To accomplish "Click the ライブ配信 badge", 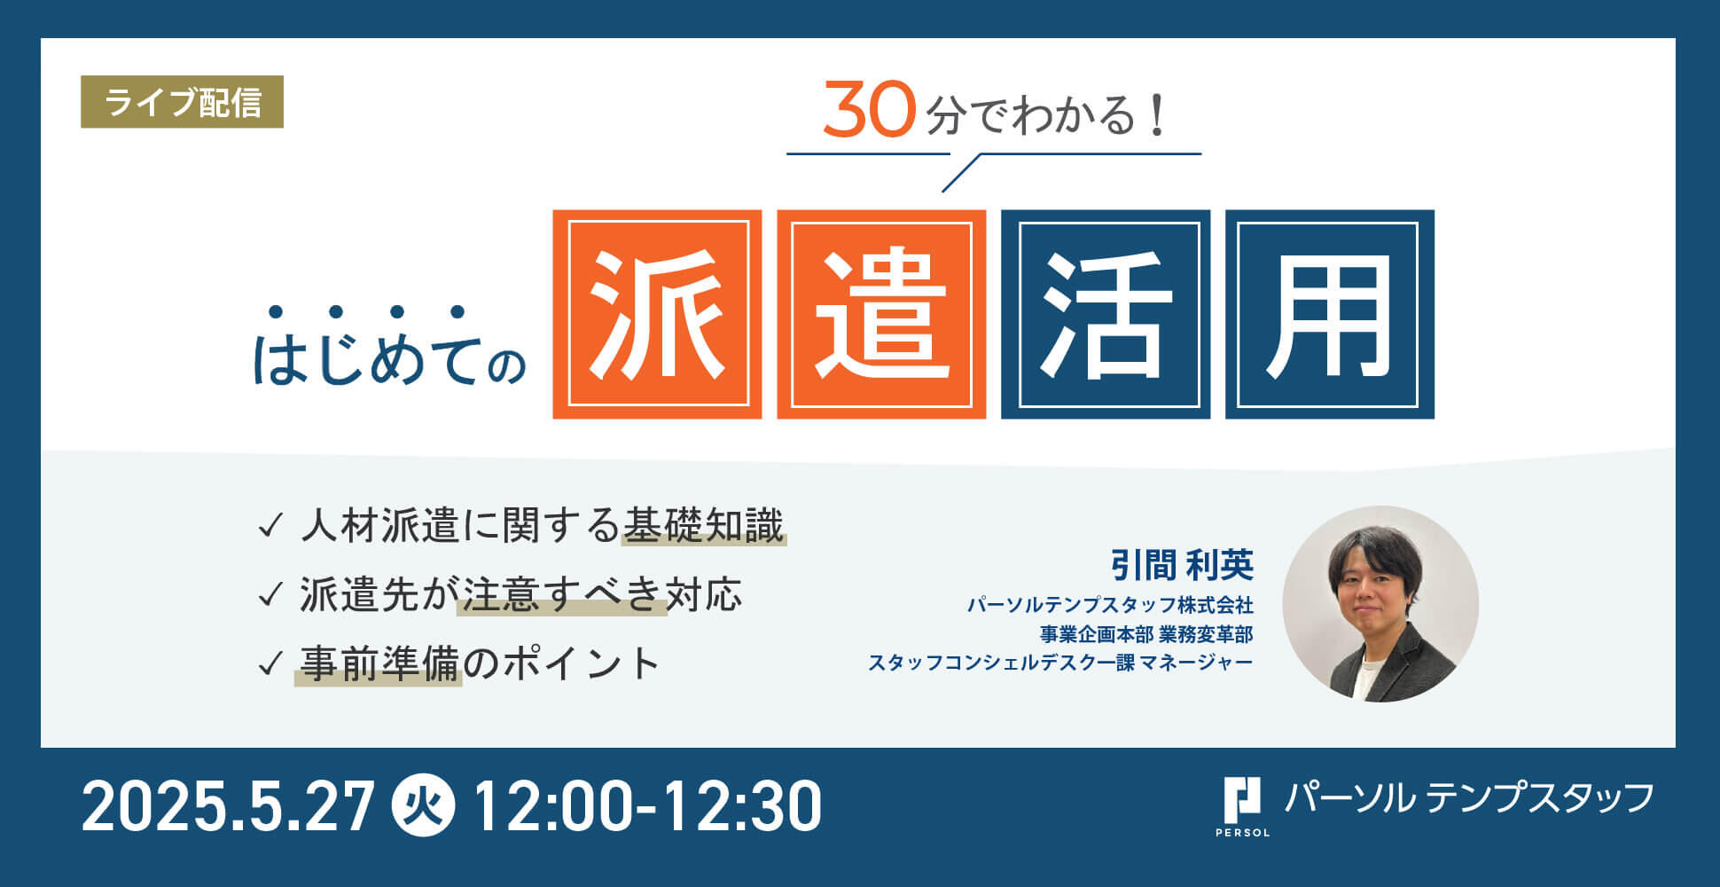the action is pos(182,102).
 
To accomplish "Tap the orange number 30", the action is pos(868,111).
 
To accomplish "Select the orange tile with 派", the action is pos(657,314).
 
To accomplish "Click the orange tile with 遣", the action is pos(881,314).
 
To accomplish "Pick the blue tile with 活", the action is pos(1106,314).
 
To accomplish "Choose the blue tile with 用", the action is pos(1330,314).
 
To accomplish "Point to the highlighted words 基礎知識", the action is pos(703,525).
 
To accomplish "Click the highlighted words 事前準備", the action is pos(379,663).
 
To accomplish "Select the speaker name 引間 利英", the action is pos(1182,564).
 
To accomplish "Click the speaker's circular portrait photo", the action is pos(1380,604).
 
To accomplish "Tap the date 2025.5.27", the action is pos(228,806).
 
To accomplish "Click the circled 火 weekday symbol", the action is pos(424,806).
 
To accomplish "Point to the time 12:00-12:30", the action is pos(647,806).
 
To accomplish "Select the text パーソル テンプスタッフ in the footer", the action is pos(1469,797).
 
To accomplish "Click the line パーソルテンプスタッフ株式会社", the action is pos(1110,605).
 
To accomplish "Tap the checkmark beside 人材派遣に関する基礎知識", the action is pos(270,526).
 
